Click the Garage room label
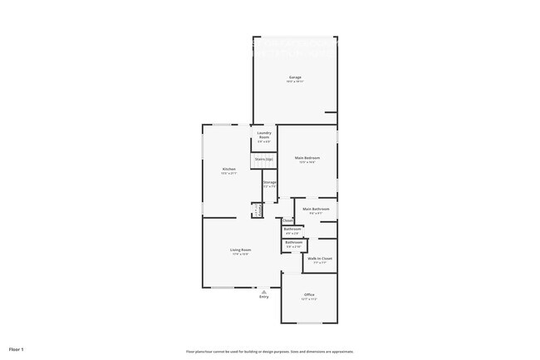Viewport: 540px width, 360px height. tap(295, 77)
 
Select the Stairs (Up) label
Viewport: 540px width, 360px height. tap(264, 159)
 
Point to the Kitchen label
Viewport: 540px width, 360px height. tap(228, 170)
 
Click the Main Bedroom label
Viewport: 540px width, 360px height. tap(307, 158)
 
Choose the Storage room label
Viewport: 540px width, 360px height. tap(269, 182)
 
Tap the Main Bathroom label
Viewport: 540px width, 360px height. tap(316, 209)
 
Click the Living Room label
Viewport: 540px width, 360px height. tap(240, 249)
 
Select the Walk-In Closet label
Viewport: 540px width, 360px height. tap(320, 259)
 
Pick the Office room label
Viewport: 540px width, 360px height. tap(308, 294)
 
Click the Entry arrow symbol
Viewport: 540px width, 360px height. tap(263, 292)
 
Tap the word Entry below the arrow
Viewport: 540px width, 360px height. tap(263, 297)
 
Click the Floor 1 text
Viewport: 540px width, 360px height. tap(17, 349)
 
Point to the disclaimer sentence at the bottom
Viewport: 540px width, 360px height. tap(270, 351)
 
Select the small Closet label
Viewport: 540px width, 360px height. tap(287, 220)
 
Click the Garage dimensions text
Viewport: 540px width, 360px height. tap(295, 82)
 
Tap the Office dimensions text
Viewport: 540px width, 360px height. tap(308, 298)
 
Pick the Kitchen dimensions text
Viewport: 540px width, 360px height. tap(228, 174)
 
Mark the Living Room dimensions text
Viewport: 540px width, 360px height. tap(240, 254)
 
